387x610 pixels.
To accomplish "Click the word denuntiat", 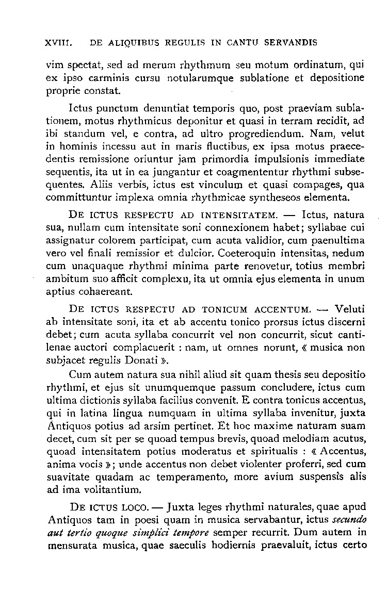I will click(165, 109).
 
